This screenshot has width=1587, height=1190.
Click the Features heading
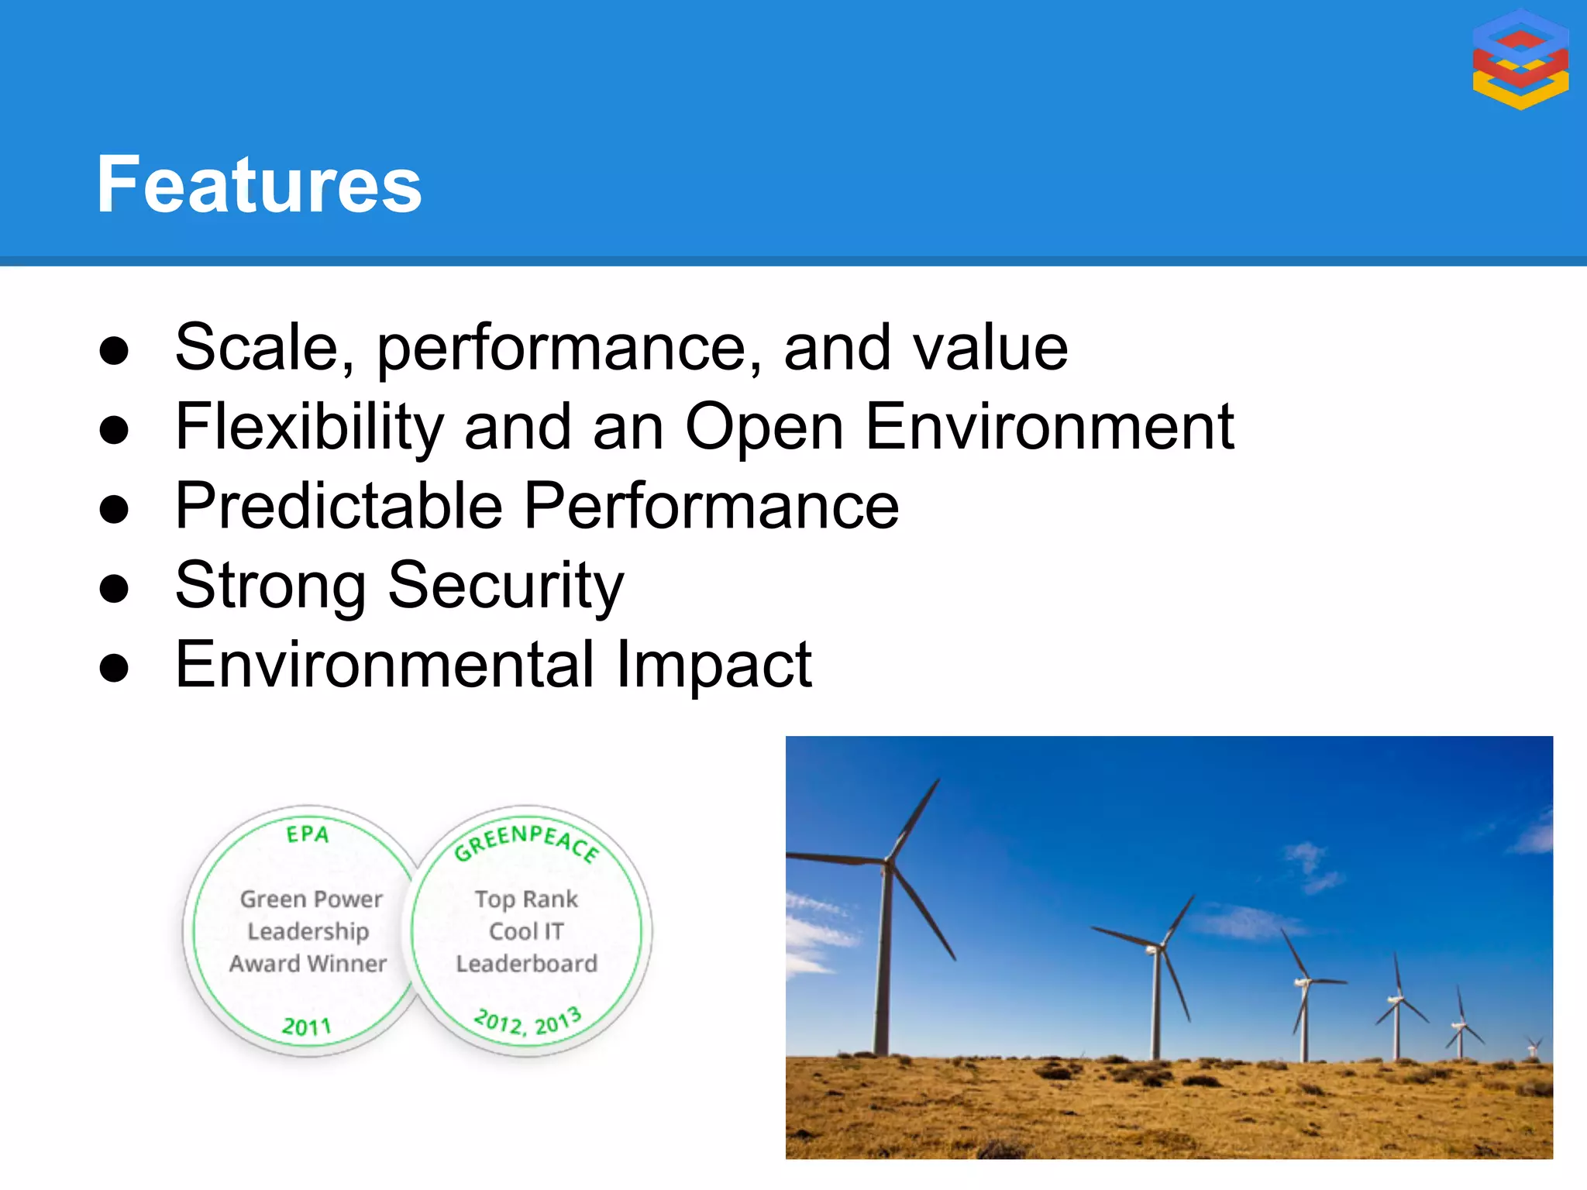(x=259, y=184)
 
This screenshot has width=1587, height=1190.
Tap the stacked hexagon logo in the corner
(x=1520, y=59)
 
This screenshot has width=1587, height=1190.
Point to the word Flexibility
(x=309, y=427)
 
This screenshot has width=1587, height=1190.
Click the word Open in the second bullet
(x=763, y=427)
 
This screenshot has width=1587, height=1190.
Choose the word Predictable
(x=339, y=506)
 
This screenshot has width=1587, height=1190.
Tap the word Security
(x=505, y=586)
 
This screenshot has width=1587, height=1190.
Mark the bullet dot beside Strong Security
(x=114, y=589)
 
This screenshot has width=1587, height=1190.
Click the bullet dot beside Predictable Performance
(x=114, y=510)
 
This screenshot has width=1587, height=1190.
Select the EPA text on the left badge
(x=308, y=834)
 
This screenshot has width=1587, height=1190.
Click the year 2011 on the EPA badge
(x=307, y=1027)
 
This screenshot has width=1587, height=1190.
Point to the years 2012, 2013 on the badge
(x=528, y=1022)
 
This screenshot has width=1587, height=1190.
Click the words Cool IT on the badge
(x=526, y=931)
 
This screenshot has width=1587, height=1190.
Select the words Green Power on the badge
(x=311, y=899)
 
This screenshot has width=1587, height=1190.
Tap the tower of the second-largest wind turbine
(x=1156, y=1007)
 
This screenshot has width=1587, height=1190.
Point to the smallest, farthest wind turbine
(x=1532, y=1047)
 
